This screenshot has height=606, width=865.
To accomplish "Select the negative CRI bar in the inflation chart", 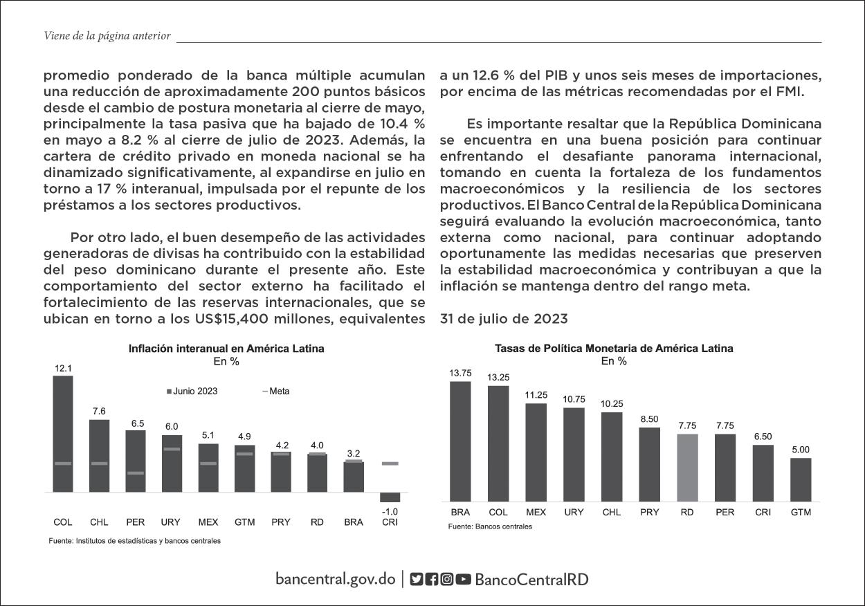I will [x=390, y=497].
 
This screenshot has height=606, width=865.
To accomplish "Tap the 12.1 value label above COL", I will [x=63, y=368].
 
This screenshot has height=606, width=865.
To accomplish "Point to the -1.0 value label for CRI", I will [x=390, y=511].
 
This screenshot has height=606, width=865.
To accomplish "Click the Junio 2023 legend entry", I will [x=192, y=391].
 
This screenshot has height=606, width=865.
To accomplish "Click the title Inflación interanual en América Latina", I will [x=226, y=349].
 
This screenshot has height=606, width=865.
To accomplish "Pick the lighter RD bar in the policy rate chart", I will [x=687, y=468].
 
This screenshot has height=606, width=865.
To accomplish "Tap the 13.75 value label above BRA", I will [x=460, y=373].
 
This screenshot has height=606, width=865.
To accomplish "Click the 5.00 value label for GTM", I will [x=800, y=450].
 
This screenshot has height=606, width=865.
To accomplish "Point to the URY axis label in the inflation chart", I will [x=170, y=522].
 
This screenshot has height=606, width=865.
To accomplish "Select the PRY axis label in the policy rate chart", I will [x=649, y=513].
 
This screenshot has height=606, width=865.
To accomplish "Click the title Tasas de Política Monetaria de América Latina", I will [x=614, y=349].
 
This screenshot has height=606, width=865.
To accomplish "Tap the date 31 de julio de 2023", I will [x=504, y=319].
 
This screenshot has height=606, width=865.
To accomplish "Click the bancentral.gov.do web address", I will [x=335, y=579].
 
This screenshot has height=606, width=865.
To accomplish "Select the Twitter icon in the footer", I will [x=416, y=579].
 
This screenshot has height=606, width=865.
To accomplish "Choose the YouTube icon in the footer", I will [x=463, y=579].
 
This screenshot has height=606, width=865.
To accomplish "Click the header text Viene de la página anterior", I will [x=107, y=36].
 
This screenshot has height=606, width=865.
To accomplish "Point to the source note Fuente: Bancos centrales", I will [x=490, y=526].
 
